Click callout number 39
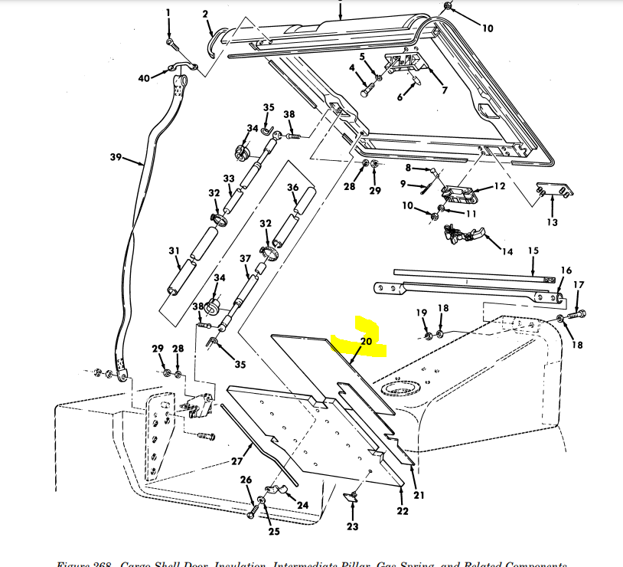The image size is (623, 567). pos(116,157)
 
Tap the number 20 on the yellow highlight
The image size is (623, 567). pos(365,342)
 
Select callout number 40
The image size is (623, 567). pos(144,77)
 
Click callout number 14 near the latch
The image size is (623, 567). pos(507,251)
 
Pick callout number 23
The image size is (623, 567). pos(351,526)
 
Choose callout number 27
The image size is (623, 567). pos(236,462)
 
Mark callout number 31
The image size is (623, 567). pos(174,251)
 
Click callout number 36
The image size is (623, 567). pos(292,188)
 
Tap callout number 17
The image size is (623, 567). pos(579,285)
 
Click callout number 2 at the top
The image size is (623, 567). pos(205,14)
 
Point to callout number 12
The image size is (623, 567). pos(499,186)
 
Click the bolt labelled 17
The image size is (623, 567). pos(576,313)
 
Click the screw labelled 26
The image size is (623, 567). pos(252,511)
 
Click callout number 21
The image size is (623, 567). pos(419,495)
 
